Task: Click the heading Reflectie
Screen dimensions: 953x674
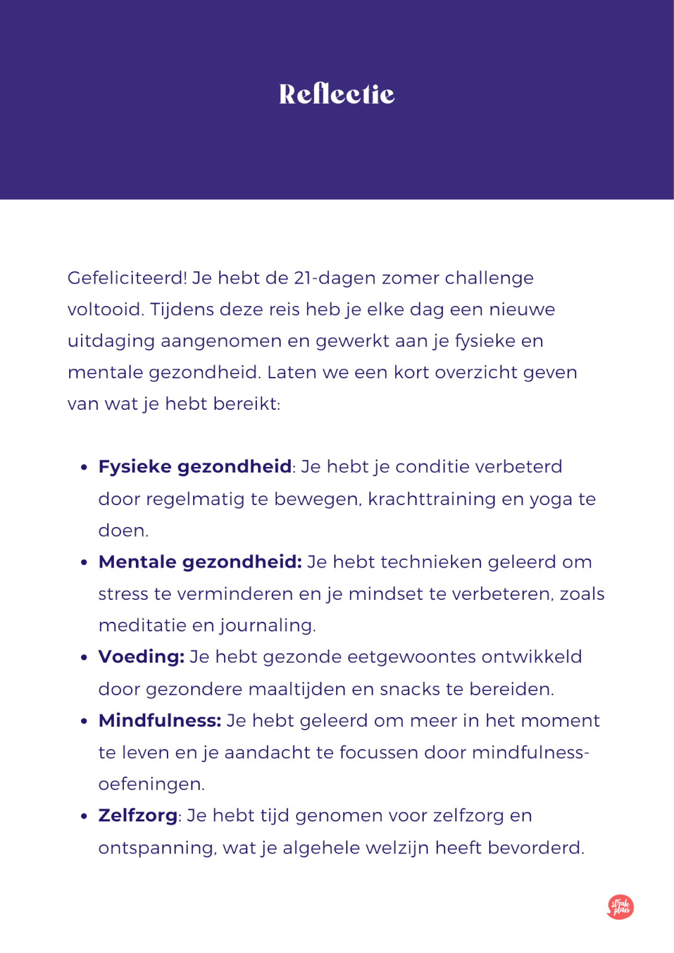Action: [x=337, y=94]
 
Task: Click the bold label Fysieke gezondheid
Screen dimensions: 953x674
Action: [x=195, y=466]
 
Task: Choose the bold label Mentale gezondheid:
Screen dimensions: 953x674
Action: [x=200, y=562]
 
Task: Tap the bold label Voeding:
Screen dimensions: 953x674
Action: [x=141, y=657]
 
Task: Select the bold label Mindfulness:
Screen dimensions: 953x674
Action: [x=160, y=721]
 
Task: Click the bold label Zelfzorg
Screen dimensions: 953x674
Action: [x=138, y=815]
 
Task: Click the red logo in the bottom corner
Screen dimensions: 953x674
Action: [x=620, y=907]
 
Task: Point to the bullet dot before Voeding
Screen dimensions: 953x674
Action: [x=84, y=658]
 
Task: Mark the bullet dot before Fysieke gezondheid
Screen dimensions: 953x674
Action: [x=84, y=468]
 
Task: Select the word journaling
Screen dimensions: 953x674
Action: [x=268, y=625]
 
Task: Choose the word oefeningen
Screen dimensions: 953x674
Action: [x=151, y=784]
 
